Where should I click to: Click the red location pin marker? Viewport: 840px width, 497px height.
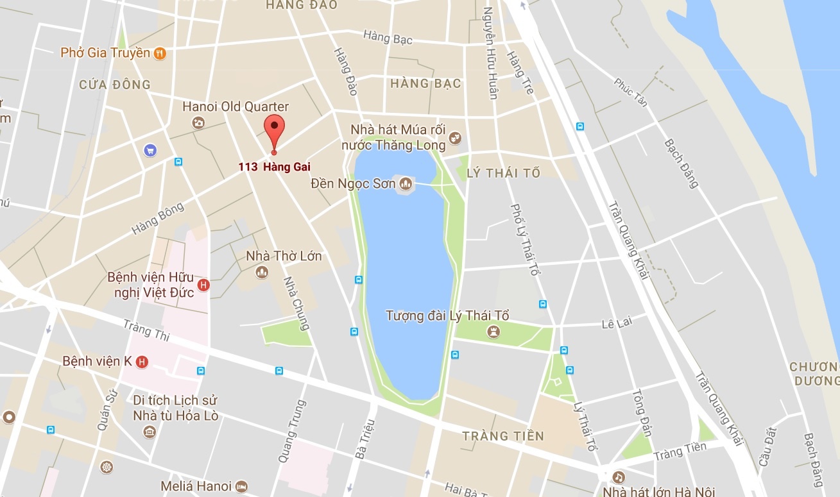(274, 131)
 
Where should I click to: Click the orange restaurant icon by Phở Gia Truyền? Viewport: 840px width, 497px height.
(160, 53)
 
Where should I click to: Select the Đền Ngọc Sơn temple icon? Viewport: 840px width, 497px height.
(406, 184)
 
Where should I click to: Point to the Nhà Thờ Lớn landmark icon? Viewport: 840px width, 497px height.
(261, 273)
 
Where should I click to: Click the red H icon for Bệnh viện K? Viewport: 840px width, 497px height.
(142, 362)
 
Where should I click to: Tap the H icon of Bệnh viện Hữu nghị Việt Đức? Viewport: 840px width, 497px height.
(203, 285)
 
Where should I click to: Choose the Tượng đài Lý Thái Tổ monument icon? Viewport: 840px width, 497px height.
(493, 331)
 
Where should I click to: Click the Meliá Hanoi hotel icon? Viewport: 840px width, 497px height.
(241, 487)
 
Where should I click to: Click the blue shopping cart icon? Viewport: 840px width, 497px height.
(150, 150)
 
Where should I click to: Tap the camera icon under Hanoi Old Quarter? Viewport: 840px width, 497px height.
(199, 122)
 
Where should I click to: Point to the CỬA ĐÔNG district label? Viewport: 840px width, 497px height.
(115, 84)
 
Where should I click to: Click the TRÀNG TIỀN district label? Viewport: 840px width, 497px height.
(503, 436)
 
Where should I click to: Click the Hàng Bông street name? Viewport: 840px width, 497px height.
(158, 218)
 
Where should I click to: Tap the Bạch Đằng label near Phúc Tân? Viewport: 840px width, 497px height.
(681, 164)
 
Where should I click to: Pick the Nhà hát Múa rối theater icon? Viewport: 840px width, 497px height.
(455, 136)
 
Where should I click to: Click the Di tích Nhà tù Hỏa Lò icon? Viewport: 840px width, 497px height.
(150, 432)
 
